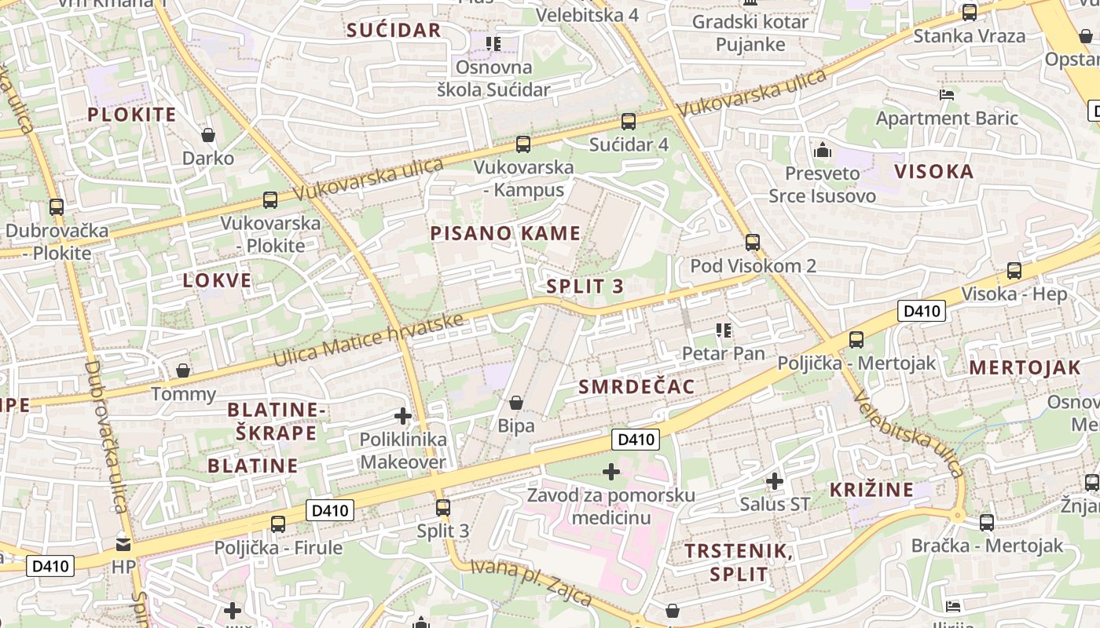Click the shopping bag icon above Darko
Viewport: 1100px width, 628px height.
tap(208, 135)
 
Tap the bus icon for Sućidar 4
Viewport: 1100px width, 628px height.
tap(629, 121)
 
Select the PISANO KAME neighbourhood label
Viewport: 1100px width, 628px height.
tap(505, 233)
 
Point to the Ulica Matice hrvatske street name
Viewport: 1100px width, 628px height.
tap(369, 339)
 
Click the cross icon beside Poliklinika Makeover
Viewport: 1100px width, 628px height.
tap(403, 416)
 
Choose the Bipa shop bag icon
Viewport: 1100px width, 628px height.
tap(516, 403)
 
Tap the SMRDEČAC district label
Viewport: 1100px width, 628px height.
tap(636, 386)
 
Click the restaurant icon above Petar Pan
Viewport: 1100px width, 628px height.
tap(723, 330)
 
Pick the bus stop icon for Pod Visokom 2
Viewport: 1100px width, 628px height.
tap(753, 242)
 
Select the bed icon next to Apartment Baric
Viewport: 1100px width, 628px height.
tap(947, 95)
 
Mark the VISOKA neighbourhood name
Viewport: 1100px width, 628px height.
tap(933, 171)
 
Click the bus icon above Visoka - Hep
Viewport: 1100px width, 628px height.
tap(1014, 271)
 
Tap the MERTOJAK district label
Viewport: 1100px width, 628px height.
tap(1025, 367)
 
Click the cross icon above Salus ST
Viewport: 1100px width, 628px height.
tap(775, 480)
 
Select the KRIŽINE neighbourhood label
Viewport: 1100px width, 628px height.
tap(872, 490)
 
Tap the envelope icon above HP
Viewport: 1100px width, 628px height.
tap(123, 543)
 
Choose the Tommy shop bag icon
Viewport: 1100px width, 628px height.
tap(183, 370)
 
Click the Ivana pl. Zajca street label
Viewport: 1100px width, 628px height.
tap(532, 582)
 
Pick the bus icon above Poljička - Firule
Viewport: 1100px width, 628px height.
tap(278, 524)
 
